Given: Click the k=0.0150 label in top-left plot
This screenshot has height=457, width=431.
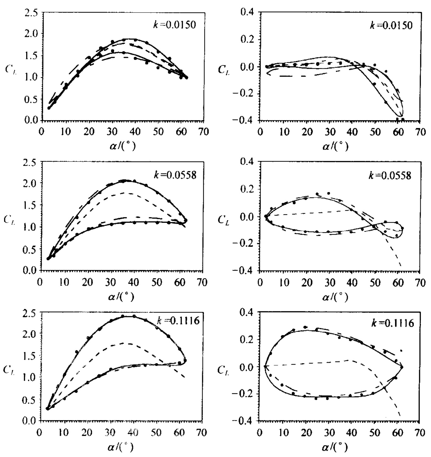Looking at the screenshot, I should point(174,25).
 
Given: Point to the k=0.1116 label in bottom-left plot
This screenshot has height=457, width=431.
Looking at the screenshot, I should point(178,321).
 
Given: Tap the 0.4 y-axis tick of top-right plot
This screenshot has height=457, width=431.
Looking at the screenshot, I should point(247,13).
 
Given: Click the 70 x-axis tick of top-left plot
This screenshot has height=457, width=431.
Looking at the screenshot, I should point(204,132).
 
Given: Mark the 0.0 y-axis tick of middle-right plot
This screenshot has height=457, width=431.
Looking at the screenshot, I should point(247,217).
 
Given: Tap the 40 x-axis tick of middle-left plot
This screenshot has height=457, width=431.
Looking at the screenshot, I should point(134,282).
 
